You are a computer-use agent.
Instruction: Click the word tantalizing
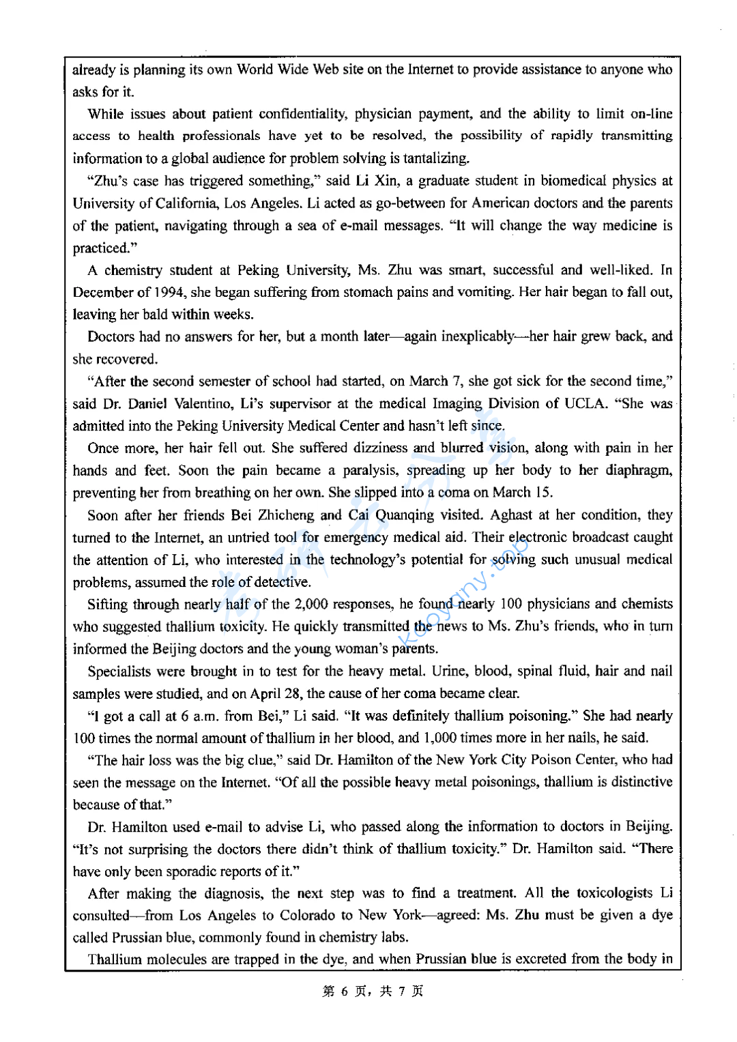tap(436, 158)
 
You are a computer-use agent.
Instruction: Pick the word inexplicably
tap(478, 336)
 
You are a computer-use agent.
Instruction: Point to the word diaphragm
tap(638, 471)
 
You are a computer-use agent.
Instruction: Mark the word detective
tap(281, 582)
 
